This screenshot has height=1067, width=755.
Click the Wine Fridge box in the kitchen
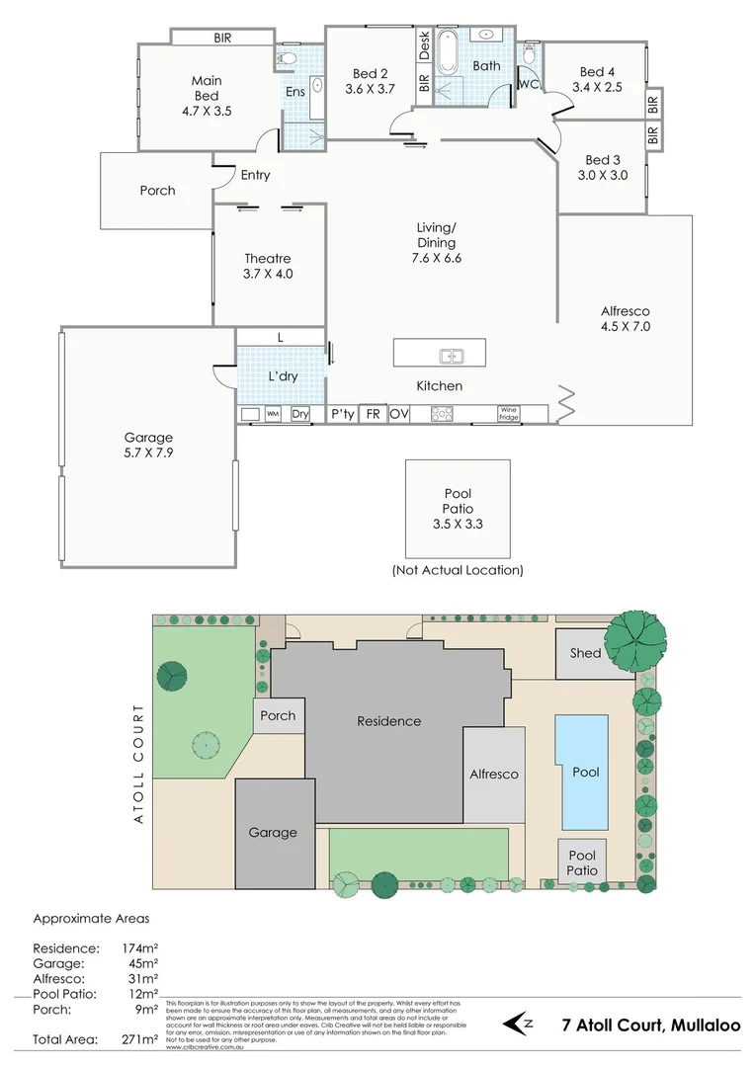tap(508, 414)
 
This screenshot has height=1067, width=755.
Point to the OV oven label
tap(399, 414)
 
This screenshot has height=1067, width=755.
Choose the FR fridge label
tap(373, 414)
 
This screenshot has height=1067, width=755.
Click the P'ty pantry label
tap(342, 414)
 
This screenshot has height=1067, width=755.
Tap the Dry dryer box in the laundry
tap(300, 415)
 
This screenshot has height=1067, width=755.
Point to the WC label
tap(528, 84)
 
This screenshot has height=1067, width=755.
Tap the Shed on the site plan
tap(586, 654)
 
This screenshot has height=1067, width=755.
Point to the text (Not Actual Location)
tap(458, 570)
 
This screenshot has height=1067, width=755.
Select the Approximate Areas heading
tap(91, 918)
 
